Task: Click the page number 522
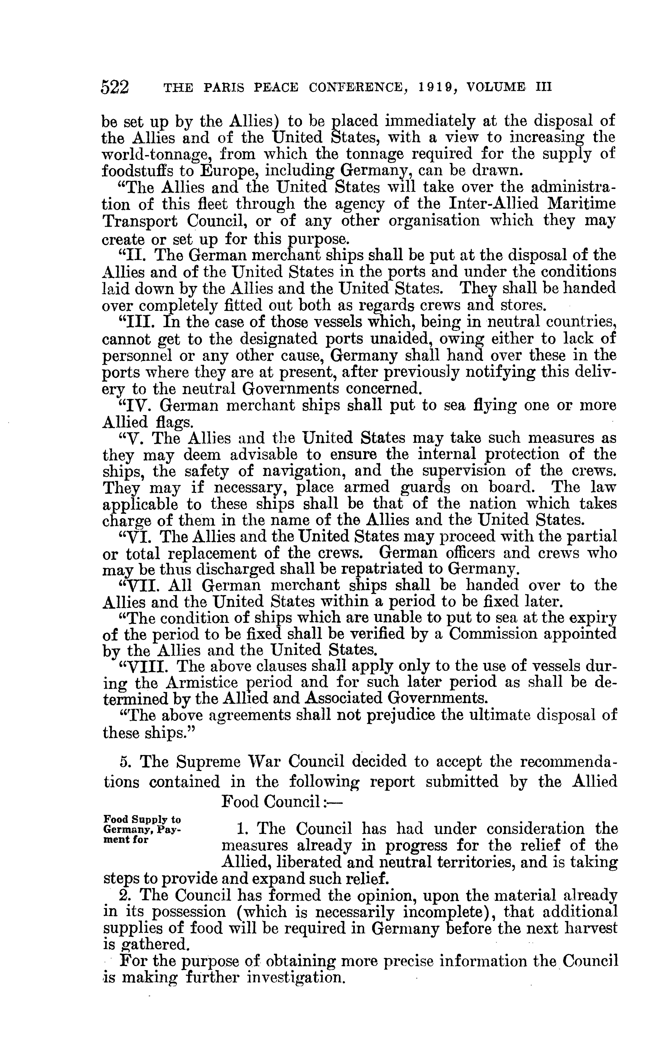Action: [115, 87]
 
